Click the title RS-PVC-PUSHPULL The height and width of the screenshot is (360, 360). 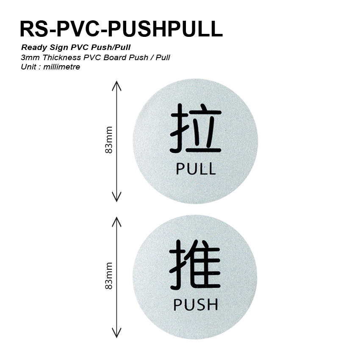pos(121,28)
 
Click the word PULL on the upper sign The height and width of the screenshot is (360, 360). pos(196,169)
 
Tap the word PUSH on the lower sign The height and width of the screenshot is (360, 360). pos(196,304)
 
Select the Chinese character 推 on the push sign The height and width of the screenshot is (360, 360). pos(195,264)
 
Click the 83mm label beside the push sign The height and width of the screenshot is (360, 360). pos(109,276)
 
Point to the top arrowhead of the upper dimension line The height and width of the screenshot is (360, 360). pos(116,85)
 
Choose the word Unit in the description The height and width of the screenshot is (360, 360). pos(28,67)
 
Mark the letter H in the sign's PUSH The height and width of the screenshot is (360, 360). pos(211,304)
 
